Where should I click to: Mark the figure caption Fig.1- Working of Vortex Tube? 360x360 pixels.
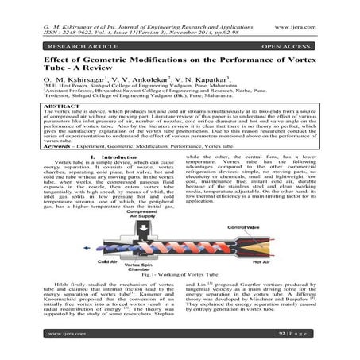[x=180, y=285]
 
